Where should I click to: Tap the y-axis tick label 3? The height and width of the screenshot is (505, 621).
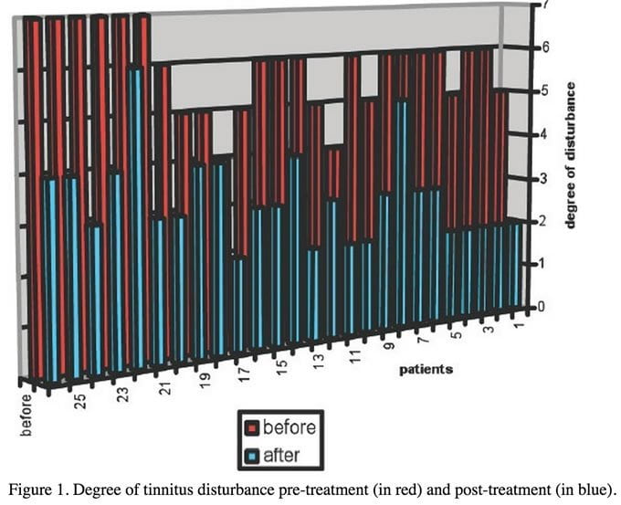pos(545,178)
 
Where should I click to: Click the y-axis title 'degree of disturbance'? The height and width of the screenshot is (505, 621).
pos(571,155)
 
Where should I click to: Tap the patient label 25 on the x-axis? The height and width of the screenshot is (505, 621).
pos(80,400)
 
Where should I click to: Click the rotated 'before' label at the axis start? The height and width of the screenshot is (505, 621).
pos(26,414)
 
